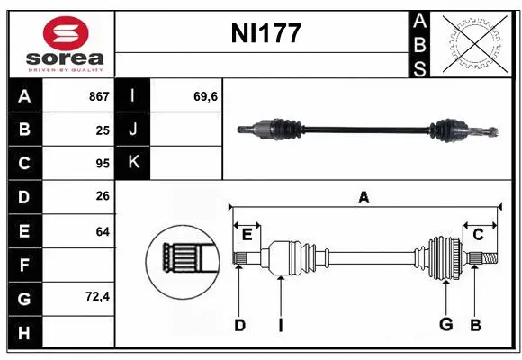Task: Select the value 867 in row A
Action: [98, 96]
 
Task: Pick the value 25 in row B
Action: [103, 130]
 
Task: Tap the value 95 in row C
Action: [103, 164]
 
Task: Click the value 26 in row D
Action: [103, 197]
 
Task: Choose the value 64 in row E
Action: [103, 231]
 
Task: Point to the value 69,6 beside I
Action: [205, 96]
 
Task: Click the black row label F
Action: [24, 265]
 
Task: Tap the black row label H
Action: [24, 332]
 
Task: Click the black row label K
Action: [133, 164]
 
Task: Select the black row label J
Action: [133, 130]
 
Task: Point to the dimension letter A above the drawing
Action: [364, 198]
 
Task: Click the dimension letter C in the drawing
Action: [478, 235]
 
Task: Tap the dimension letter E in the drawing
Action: [247, 235]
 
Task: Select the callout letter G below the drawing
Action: [445, 325]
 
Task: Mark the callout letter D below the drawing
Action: [239, 325]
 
